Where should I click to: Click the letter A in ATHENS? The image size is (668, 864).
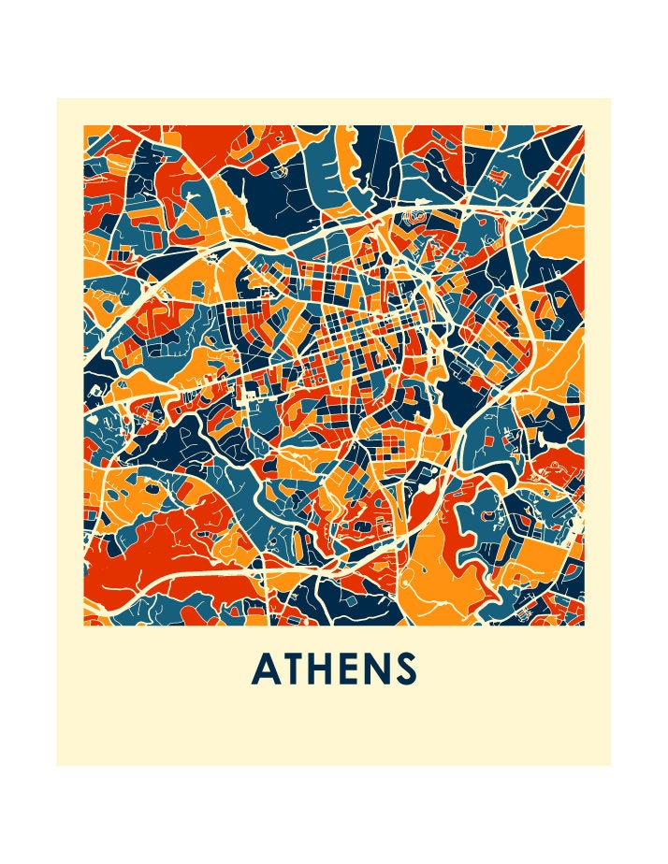click(x=268, y=670)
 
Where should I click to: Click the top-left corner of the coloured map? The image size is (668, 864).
click(x=84, y=126)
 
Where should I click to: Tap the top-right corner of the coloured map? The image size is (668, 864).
click(x=584, y=126)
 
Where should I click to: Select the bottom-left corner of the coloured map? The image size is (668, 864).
click(x=84, y=625)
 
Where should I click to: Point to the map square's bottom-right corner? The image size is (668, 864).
click(x=584, y=625)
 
